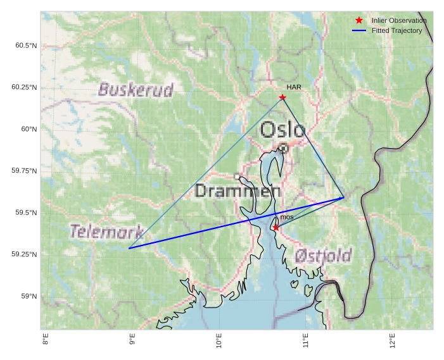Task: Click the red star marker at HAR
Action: pyautogui.click(x=282, y=97)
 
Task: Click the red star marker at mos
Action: pyautogui.click(x=276, y=227)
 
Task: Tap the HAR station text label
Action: pyautogui.click(x=293, y=87)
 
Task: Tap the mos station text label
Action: pyautogui.click(x=287, y=217)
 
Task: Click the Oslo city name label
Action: pyautogui.click(x=282, y=130)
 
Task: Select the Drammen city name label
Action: pyautogui.click(x=238, y=190)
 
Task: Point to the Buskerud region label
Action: pyautogui.click(x=136, y=90)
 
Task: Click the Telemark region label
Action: pyautogui.click(x=106, y=231)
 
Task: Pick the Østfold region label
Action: pyautogui.click(x=323, y=256)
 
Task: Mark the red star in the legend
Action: pyautogui.click(x=359, y=21)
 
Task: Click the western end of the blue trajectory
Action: pyautogui.click(x=129, y=248)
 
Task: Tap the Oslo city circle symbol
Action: pyautogui.click(x=283, y=148)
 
